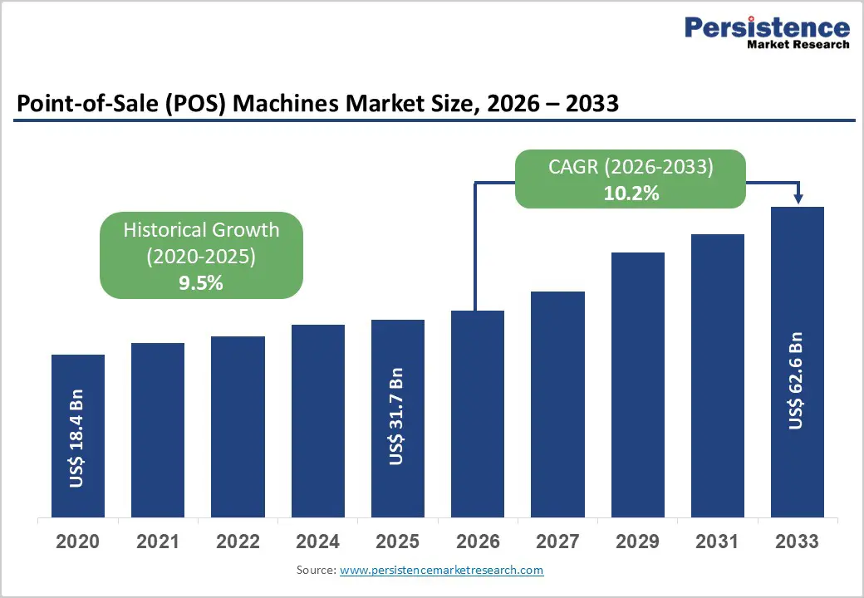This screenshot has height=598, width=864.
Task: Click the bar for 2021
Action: pyautogui.click(x=158, y=429)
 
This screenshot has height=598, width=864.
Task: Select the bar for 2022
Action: pyautogui.click(x=238, y=426)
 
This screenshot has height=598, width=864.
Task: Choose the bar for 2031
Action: pyautogui.click(x=717, y=375)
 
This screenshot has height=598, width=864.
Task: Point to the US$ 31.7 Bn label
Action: pyautogui.click(x=397, y=416)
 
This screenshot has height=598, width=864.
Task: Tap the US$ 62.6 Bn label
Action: pyautogui.click(x=797, y=381)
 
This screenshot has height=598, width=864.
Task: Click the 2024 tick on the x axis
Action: pyautogui.click(x=317, y=542)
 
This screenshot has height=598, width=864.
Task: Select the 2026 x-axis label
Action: pyautogui.click(x=478, y=542)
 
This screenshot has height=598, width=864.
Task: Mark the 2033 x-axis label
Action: pyautogui.click(x=797, y=542)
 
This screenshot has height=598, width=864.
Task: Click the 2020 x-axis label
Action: pyautogui.click(x=77, y=542)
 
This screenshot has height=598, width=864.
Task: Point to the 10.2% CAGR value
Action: pyautogui.click(x=631, y=194)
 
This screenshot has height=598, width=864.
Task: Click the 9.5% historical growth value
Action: pyautogui.click(x=201, y=283)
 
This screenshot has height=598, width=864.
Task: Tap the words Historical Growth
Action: pyautogui.click(x=201, y=230)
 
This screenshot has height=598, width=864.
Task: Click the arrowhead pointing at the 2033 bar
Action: pyautogui.click(x=798, y=199)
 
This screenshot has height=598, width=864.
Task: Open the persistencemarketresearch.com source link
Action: pyautogui.click(x=441, y=570)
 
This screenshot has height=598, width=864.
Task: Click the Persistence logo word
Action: pyautogui.click(x=767, y=27)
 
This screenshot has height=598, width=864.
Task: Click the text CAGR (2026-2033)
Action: pyautogui.click(x=631, y=167)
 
